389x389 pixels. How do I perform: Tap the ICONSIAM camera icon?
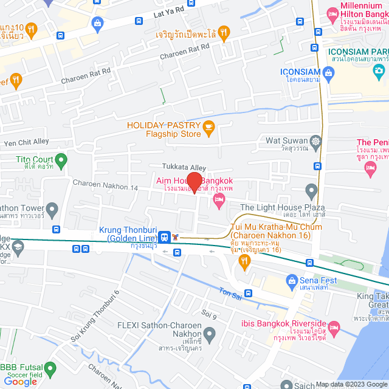pyautogui.click(x=329, y=74)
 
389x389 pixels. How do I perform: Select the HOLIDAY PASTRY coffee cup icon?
pyautogui.click(x=209, y=126)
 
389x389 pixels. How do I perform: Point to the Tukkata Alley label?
pyautogui.click(x=184, y=167)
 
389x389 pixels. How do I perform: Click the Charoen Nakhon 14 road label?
pyautogui.click(x=106, y=183)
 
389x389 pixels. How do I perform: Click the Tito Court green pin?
pyautogui.click(x=61, y=161)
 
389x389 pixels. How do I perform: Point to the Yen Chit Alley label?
pyautogui.click(x=26, y=142)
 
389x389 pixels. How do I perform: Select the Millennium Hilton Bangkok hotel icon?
pyautogui.click(x=332, y=13)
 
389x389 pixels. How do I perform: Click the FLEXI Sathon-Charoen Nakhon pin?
pyautogui.click(x=210, y=333)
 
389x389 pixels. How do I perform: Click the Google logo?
pyautogui.click(x=21, y=381)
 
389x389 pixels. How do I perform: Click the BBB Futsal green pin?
pyautogui.click(x=50, y=368)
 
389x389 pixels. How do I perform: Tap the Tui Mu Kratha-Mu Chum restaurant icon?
pyautogui.click(x=245, y=262)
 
